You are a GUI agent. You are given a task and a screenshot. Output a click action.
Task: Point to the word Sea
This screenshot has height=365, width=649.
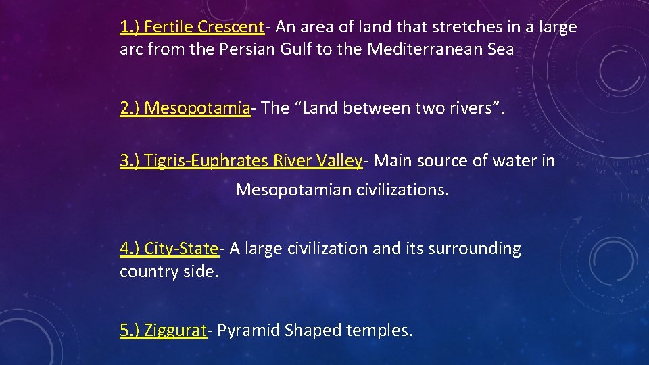click(x=500, y=49)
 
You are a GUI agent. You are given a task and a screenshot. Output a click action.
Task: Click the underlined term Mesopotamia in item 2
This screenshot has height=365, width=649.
click(x=197, y=108)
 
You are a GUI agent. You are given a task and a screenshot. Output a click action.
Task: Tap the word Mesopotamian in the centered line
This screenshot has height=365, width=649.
click(x=291, y=190)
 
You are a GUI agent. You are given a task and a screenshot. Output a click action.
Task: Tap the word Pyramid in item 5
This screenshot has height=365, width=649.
click(x=248, y=331)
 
